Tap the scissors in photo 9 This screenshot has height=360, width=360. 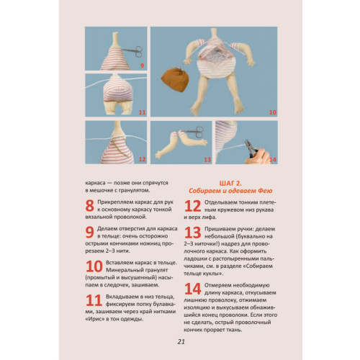tap(133, 51)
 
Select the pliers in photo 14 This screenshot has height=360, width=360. tap(251, 148)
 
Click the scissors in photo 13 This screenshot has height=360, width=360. tap(194, 132)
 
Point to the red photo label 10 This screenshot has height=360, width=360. tap(273, 112)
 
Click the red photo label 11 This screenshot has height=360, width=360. tap(142, 112)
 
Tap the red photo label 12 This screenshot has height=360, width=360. tap(142, 159)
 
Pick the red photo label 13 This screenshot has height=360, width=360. tap(207, 160)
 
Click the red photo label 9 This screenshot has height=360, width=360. tap(142, 66)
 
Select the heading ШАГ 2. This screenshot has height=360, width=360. tap(230, 183)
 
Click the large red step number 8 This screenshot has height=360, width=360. tap(89, 206)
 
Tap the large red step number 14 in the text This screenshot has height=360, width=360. tap(193, 289)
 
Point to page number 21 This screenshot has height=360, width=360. tap(181, 342)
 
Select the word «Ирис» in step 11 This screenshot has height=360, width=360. tap(95, 319)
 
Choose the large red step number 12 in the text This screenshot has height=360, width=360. tap(192, 206)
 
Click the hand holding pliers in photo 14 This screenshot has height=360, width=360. tap(258, 156)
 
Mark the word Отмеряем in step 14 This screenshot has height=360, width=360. tap(217, 285)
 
